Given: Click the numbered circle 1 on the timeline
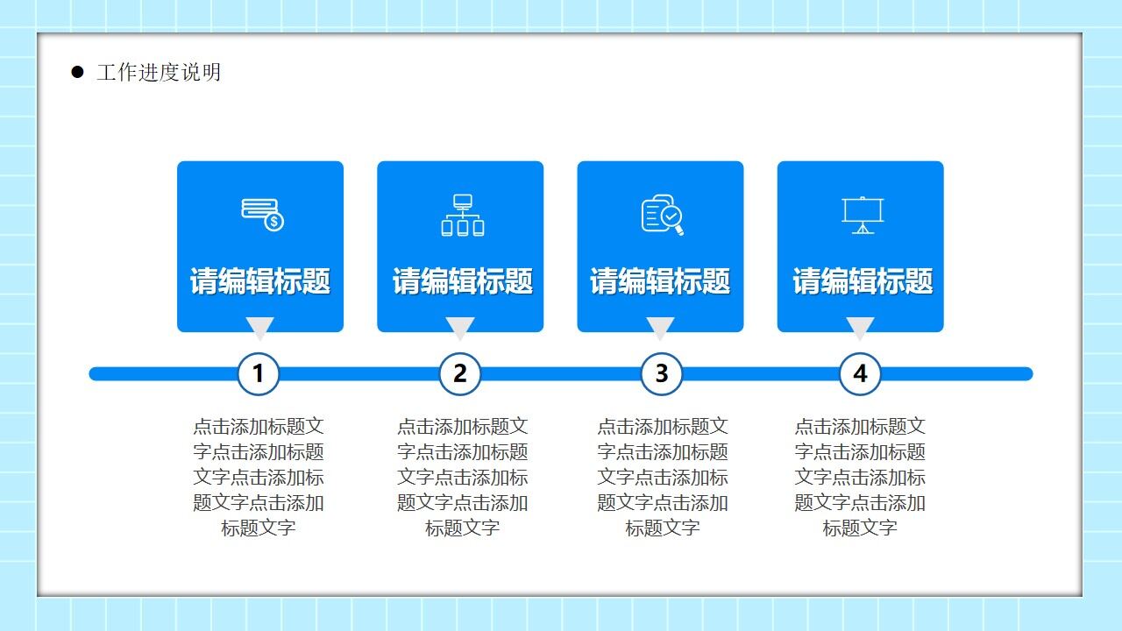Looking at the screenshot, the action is pyautogui.click(x=258, y=373).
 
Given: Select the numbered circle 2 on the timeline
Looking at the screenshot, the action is pyautogui.click(x=460, y=373).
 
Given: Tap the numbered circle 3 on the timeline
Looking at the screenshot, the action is pyautogui.click(x=662, y=373).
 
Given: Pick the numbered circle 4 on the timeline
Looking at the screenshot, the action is pyautogui.click(x=860, y=373).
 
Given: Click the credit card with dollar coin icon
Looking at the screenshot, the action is pyautogui.click(x=262, y=215).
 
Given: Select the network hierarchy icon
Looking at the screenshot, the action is pyautogui.click(x=462, y=215).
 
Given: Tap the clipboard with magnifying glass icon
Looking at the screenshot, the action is pyautogui.click(x=662, y=215).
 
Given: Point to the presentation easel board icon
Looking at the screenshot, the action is pyautogui.click(x=862, y=216).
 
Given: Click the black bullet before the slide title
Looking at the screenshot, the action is pyautogui.click(x=78, y=72).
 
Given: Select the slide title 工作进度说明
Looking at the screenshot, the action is pyautogui.click(x=159, y=73).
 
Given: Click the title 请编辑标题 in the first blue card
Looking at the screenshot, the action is pyautogui.click(x=260, y=281).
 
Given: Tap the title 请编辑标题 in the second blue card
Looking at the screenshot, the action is pyautogui.click(x=462, y=281).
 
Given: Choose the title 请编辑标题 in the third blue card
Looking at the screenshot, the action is pyautogui.click(x=660, y=281).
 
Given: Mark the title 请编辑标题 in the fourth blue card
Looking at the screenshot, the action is pyautogui.click(x=863, y=281).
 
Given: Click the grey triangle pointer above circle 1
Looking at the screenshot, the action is pyautogui.click(x=259, y=327).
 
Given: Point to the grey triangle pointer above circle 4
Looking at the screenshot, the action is pyautogui.click(x=860, y=327).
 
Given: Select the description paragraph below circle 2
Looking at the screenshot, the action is pyautogui.click(x=462, y=477).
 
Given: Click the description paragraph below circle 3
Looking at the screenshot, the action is pyautogui.click(x=662, y=477).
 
